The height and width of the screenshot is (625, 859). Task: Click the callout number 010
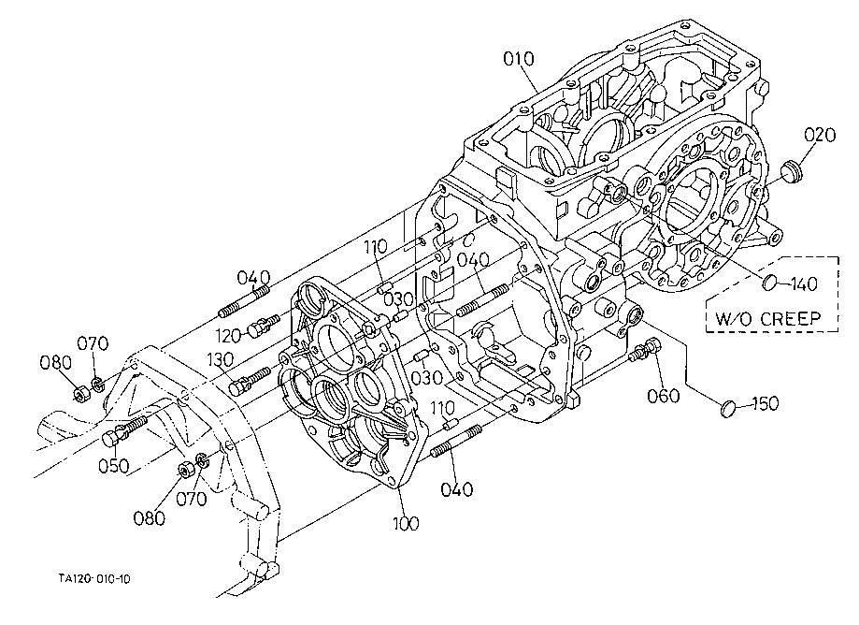(518, 59)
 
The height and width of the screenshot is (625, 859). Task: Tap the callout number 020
(820, 135)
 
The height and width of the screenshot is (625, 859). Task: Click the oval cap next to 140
(770, 283)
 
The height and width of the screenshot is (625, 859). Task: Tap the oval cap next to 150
(728, 408)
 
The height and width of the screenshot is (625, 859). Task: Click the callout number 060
(664, 395)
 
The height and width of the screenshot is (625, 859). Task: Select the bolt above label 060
(645, 350)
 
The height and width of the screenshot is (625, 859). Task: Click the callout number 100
(406, 523)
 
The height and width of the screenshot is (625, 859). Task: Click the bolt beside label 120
(264, 325)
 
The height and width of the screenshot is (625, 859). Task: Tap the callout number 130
(221, 359)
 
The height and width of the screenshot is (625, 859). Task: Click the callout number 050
(114, 466)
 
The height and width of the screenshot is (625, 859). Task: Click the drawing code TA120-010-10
(94, 579)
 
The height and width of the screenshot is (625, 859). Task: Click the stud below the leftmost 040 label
(244, 301)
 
